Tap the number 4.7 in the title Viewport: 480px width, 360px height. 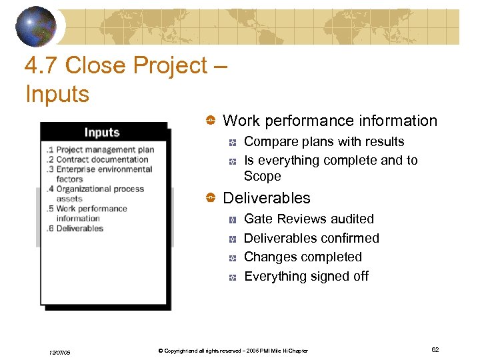(41, 65)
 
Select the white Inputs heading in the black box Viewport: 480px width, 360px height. (102, 132)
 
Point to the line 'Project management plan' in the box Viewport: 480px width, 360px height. (105, 150)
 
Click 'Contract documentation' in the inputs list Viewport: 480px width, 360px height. (101, 159)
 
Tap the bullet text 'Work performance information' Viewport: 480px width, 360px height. (329, 121)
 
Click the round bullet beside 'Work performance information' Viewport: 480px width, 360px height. (209, 121)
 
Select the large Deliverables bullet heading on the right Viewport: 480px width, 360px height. (266, 198)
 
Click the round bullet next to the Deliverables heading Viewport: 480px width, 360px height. (209, 199)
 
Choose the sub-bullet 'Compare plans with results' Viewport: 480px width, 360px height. (324, 141)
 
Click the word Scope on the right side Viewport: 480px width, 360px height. (262, 176)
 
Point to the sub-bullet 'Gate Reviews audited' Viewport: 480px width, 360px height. (309, 219)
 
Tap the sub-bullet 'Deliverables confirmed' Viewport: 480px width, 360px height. (311, 238)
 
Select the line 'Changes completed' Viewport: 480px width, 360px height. (303, 257)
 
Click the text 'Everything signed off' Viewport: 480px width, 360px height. (306, 276)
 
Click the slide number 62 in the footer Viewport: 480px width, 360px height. (435, 349)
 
